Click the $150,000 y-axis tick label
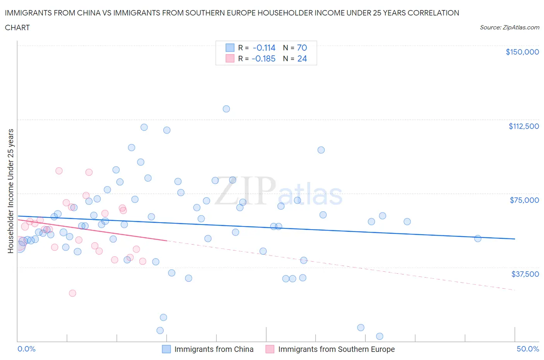(522, 52)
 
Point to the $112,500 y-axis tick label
(523, 126)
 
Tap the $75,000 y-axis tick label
(524, 200)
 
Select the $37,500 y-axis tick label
(525, 274)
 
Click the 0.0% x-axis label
(26, 349)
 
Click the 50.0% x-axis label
(528, 349)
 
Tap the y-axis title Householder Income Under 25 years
(10, 191)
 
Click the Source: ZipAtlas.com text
(509, 27)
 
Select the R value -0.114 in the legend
(264, 48)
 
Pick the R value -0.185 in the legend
(263, 58)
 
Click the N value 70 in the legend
(302, 48)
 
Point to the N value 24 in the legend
(302, 58)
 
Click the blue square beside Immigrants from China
(166, 349)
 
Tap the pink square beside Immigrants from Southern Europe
(270, 349)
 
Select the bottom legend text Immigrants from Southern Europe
(336, 349)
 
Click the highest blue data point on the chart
(226, 109)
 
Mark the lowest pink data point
(72, 293)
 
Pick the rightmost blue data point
(478, 238)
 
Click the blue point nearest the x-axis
(380, 336)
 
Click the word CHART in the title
(17, 27)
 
